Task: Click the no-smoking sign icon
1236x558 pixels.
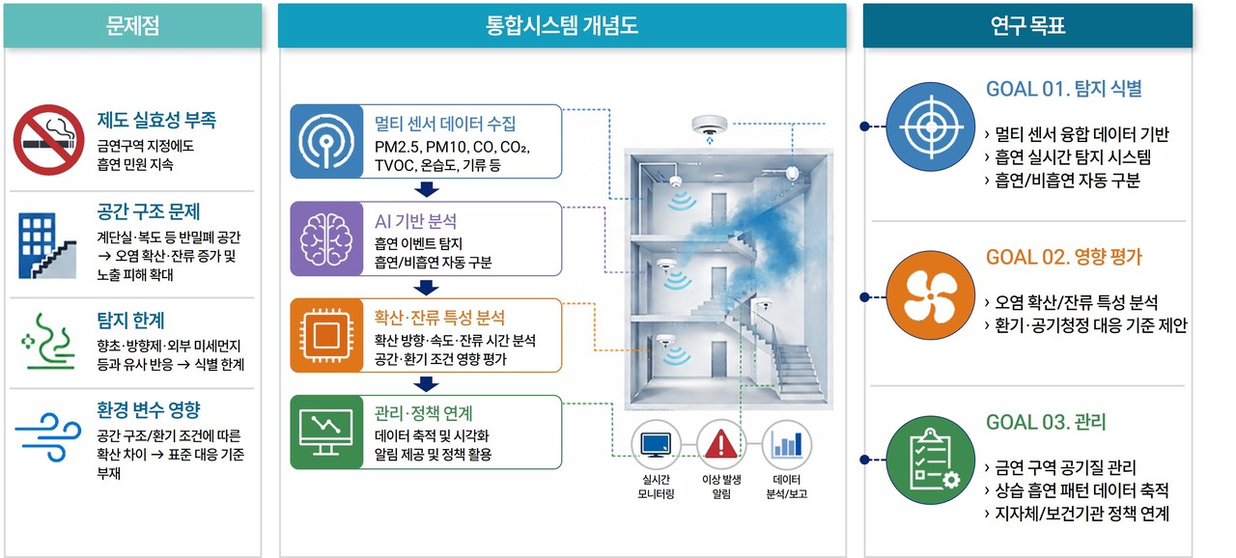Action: (48, 140)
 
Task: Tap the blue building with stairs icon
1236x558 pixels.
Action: (47, 245)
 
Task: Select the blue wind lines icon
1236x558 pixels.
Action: (48, 436)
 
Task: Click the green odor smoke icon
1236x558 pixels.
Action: (48, 342)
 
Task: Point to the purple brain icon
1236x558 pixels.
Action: (326, 238)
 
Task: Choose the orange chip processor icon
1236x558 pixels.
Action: (326, 335)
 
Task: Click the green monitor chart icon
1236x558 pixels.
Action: (326, 432)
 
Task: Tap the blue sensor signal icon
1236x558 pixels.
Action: (326, 141)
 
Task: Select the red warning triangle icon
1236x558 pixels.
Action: (720, 444)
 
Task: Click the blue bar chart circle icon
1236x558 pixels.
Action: (787, 444)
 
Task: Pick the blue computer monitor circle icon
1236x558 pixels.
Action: (656, 444)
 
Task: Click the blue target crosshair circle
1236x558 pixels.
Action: (931, 126)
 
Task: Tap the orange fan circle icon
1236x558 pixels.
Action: (931, 295)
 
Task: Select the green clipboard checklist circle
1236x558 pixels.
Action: (931, 460)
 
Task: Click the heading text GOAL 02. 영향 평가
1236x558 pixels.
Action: (1064, 257)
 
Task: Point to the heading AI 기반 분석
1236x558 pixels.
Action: (415, 221)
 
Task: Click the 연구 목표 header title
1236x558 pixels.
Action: (1027, 25)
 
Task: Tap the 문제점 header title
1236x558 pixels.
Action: (132, 25)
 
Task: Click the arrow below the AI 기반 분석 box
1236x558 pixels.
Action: (426, 288)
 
